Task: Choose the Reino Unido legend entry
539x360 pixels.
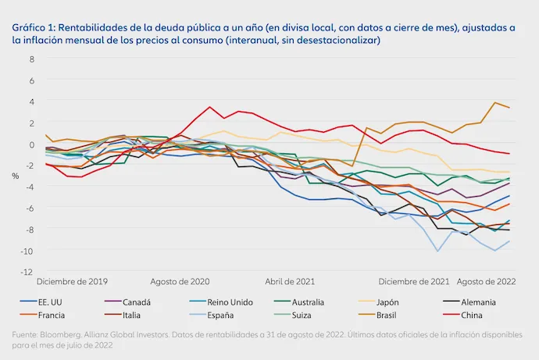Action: pyautogui.click(x=221, y=302)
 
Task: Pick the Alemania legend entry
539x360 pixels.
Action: pyautogui.click(x=469, y=302)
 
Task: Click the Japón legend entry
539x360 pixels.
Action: pyautogui.click(x=378, y=302)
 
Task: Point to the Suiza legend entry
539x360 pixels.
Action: pyautogui.click(x=292, y=315)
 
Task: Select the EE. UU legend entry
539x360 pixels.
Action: pyautogui.click(x=41, y=302)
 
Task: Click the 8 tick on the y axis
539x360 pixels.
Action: pyautogui.click(x=32, y=59)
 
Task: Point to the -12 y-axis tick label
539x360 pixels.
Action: pyautogui.click(x=27, y=272)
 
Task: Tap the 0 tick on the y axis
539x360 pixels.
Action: pyautogui.click(x=32, y=144)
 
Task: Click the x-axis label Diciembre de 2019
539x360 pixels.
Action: pyautogui.click(x=72, y=282)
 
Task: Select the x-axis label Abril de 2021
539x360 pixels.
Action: pyautogui.click(x=290, y=282)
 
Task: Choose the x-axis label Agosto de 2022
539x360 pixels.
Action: pyautogui.click(x=486, y=282)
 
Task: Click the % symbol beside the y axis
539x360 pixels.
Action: pyautogui.click(x=16, y=176)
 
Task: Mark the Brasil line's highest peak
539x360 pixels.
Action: pyautogui.click(x=494, y=102)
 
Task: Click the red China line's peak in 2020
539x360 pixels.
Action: pyautogui.click(x=209, y=107)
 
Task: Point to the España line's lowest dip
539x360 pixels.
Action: pyautogui.click(x=437, y=251)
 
